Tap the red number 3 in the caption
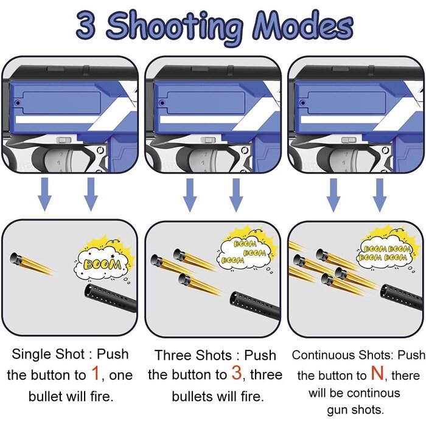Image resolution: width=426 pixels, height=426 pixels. tap(237, 372)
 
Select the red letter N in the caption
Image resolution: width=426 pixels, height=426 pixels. tap(378, 373)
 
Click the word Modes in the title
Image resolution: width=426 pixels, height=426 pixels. tap(303, 26)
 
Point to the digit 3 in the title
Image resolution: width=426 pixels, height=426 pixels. tap(86, 26)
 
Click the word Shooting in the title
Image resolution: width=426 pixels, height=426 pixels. tap(174, 28)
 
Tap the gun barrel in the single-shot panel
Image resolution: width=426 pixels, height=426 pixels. tap(110, 298)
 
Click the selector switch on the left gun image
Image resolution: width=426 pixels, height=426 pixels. tap(64, 140)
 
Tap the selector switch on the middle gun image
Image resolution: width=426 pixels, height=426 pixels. tap(208, 140)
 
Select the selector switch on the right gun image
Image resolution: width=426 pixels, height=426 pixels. tap(349, 140)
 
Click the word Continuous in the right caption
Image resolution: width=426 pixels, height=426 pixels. tap(324, 355)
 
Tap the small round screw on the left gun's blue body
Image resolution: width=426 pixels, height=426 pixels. tap(18, 103)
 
